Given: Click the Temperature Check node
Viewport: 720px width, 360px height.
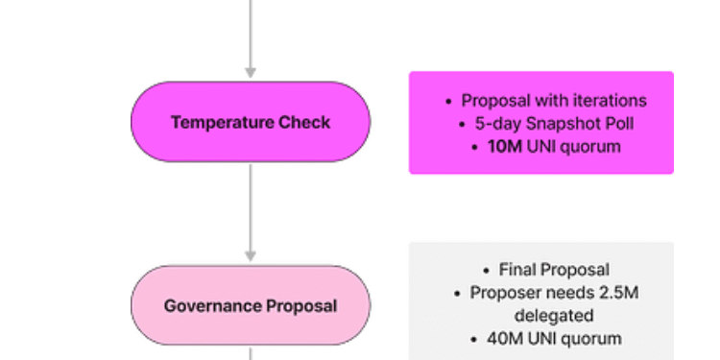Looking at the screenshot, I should [x=251, y=122].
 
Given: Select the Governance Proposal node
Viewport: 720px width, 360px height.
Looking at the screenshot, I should [x=251, y=306].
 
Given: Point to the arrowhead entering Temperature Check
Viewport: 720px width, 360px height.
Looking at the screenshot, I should [x=251, y=72].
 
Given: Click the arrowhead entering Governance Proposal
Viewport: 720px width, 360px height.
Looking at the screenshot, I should [x=251, y=256].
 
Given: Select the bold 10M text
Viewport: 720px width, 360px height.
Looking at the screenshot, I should [x=505, y=147].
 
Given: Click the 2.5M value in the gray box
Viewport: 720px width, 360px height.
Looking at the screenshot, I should [x=616, y=293].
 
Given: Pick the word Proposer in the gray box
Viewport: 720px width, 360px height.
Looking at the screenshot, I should [x=503, y=293].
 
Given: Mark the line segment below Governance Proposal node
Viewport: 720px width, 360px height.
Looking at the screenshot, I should [x=251, y=352].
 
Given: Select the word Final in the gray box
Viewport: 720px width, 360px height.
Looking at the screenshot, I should [x=516, y=270].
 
